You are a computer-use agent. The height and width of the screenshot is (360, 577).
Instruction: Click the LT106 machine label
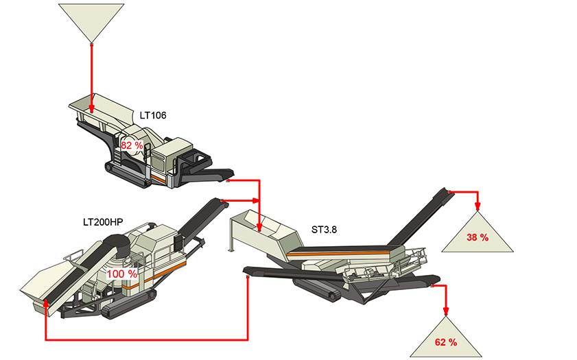point(152,115)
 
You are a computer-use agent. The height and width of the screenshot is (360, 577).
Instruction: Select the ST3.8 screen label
point(324,229)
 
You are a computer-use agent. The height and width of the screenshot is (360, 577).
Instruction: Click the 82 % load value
point(132,146)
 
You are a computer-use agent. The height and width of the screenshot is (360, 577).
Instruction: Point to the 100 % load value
point(122,274)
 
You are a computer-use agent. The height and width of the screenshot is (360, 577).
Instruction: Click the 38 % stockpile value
point(478,238)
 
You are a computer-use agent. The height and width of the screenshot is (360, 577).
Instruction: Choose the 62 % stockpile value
point(446,341)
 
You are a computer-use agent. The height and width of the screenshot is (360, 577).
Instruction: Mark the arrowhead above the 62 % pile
point(446,311)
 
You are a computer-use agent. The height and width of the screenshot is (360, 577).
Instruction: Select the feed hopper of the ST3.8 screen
point(264,227)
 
